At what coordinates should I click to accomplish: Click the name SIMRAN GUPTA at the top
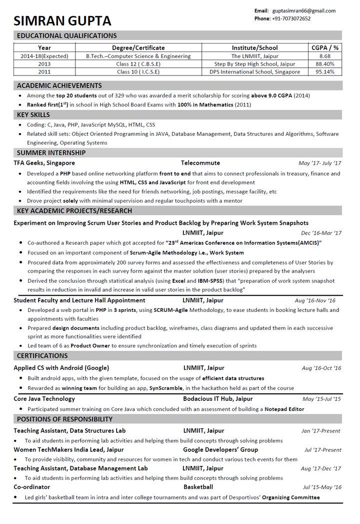pos(62,21)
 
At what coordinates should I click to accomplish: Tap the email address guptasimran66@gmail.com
pos(304,11)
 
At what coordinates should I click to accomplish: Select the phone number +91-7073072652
pos(291,19)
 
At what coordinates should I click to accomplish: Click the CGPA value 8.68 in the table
pos(325,56)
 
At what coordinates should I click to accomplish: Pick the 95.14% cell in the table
pos(325,72)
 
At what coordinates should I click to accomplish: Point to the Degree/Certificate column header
pos(138,48)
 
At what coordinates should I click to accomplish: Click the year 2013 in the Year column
pos(44,64)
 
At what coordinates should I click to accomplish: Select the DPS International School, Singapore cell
pos(255,72)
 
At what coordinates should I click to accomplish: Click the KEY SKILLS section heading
pos(33,115)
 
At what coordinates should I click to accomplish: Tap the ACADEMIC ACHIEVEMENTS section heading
pos(59,86)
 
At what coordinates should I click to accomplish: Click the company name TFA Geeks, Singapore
pos(44,163)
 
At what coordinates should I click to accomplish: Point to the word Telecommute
pos(200,163)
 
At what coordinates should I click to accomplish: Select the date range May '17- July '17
pos(319,163)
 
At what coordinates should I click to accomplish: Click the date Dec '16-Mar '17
pos(321,233)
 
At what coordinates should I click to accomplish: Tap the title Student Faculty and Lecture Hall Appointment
pos(79,300)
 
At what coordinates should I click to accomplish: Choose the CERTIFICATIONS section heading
pos(42,356)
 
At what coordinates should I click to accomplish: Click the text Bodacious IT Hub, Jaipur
pos(217,399)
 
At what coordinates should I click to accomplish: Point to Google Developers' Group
pos(220,449)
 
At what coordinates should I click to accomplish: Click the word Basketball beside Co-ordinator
pos(198,486)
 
